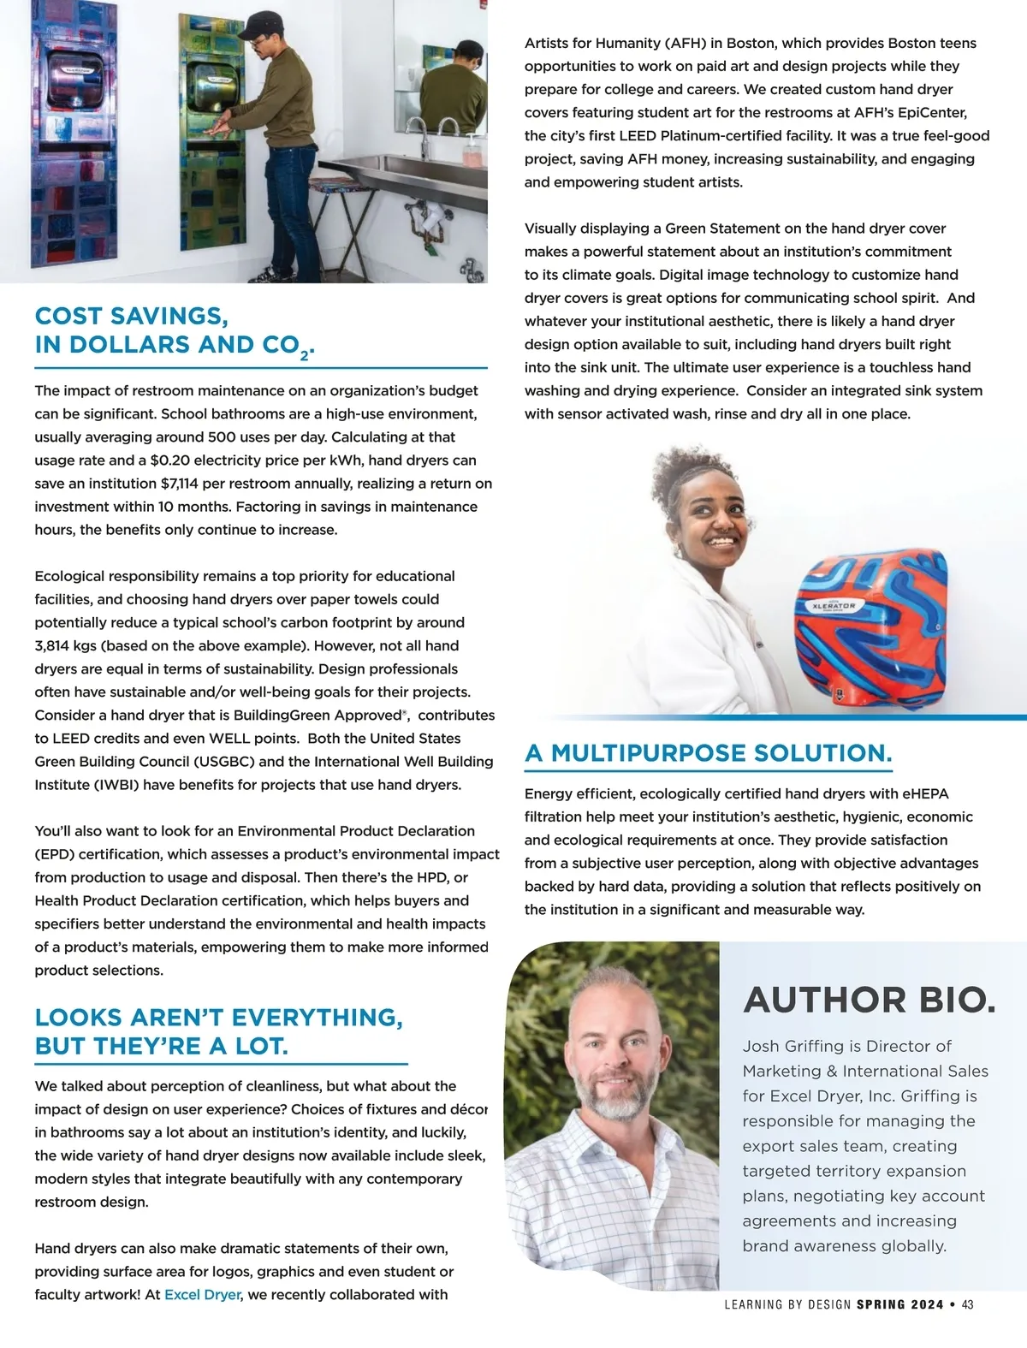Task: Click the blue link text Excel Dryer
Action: (202, 1294)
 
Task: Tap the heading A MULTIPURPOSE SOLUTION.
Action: (709, 753)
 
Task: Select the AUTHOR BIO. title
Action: (870, 1000)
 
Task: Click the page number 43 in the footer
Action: (967, 1305)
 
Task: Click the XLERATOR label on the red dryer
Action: (834, 606)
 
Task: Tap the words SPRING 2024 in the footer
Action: (899, 1305)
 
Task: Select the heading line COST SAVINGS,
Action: (131, 316)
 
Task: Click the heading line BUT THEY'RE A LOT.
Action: (161, 1046)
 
